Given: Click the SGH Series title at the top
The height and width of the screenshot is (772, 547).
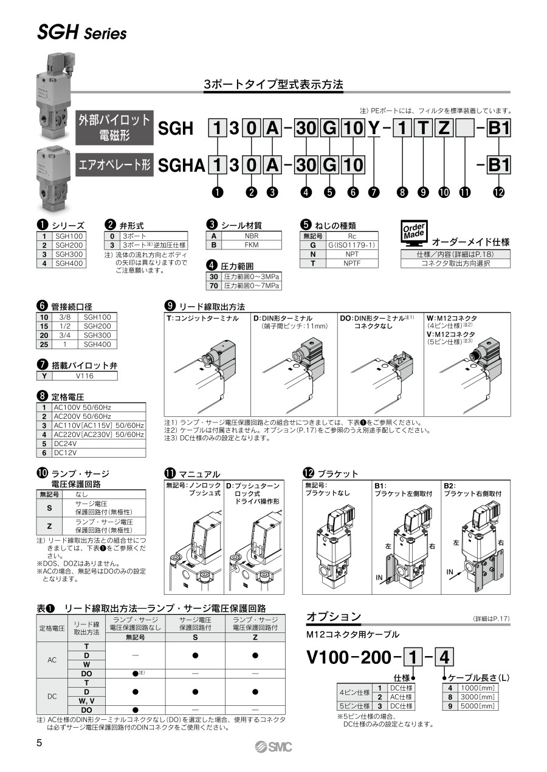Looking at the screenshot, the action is (x=82, y=33).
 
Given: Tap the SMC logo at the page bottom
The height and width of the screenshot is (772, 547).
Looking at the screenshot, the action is (x=273, y=747).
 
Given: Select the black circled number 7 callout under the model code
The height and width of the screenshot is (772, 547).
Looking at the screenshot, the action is (x=373, y=192).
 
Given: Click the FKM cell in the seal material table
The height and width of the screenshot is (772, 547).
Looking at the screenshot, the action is (x=251, y=245).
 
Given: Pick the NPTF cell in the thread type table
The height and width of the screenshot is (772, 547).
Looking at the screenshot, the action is (x=352, y=263).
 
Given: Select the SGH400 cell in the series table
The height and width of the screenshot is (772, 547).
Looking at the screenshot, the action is (x=69, y=263).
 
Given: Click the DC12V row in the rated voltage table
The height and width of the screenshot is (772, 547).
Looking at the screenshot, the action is (x=91, y=453).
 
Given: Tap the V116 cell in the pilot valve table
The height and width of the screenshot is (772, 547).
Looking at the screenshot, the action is (x=84, y=376).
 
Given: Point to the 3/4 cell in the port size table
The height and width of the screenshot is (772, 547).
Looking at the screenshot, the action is (x=64, y=335).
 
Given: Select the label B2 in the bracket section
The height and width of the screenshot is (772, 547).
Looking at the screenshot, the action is (x=449, y=486).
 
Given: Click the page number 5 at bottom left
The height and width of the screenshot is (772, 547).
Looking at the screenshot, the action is (x=40, y=743).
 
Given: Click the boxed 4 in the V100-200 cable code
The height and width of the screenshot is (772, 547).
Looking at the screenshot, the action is (x=444, y=657).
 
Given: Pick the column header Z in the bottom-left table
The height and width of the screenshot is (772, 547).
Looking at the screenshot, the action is (x=255, y=637).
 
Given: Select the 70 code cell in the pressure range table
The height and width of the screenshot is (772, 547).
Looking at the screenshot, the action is (x=213, y=286).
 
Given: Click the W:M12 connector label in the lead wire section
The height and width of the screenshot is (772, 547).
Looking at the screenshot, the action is (x=452, y=318).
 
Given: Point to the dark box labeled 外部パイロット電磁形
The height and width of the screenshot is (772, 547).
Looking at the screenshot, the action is (x=115, y=127).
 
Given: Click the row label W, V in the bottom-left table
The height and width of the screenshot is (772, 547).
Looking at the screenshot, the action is (x=86, y=700).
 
